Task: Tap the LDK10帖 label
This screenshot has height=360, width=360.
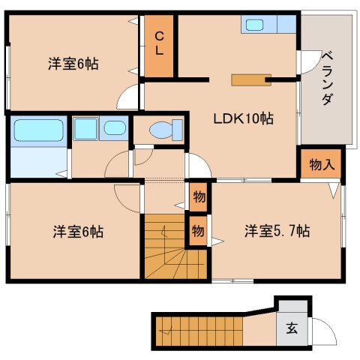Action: point(243,118)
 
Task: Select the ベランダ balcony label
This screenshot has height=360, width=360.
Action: point(327,78)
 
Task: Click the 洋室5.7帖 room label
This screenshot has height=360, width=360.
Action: point(277,231)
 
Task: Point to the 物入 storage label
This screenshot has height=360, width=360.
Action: point(322,164)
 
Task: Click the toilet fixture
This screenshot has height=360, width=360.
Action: point(166,130)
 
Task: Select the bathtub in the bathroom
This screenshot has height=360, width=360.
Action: point(39,130)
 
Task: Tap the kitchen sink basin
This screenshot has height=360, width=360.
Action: point(254,25)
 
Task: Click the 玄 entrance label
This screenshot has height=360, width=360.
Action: point(292,328)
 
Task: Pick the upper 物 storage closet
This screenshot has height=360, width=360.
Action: point(199,197)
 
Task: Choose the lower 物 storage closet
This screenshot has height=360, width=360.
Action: point(198,230)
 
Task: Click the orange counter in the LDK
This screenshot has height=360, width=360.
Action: point(251,80)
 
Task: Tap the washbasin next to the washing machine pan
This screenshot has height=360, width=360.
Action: point(115,128)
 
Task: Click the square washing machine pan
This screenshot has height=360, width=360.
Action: point(85,129)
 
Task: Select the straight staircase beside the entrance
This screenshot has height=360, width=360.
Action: point(199,331)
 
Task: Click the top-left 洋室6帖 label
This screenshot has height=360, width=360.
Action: point(73,64)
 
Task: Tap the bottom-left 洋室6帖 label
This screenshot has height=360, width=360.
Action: point(78,232)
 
